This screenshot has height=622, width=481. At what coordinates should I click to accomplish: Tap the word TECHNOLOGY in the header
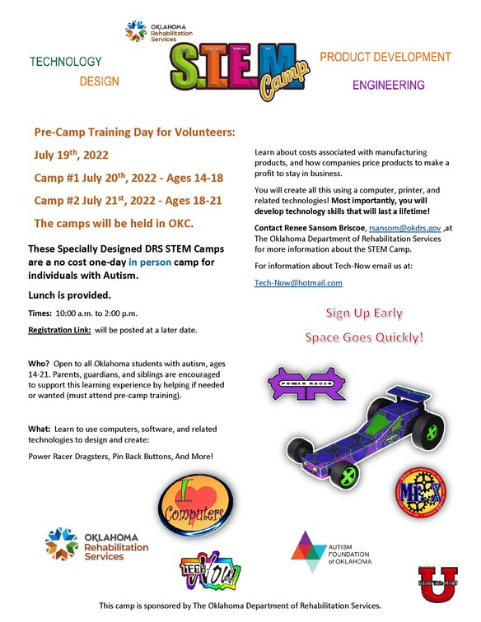(x=66, y=62)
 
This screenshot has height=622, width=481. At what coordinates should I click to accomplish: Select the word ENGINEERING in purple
(x=389, y=85)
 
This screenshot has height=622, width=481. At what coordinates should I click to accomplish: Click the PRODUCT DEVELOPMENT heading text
(x=385, y=58)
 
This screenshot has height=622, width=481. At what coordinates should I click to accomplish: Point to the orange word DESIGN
(x=99, y=81)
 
